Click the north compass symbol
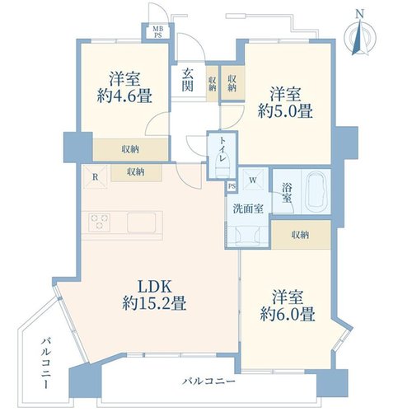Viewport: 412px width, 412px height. click(x=360, y=35)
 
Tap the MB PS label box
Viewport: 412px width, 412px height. click(x=157, y=32)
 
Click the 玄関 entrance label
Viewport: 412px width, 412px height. click(x=188, y=80)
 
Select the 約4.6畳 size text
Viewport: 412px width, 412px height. click(x=124, y=96)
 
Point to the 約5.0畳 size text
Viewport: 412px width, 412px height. click(x=285, y=111)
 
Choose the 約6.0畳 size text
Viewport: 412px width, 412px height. click(x=288, y=314)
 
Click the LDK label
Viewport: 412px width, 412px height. click(x=155, y=287)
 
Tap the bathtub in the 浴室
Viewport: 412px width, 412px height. click(x=316, y=192)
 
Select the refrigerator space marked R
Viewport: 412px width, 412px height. click(x=95, y=177)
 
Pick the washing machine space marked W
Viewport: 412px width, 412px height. click(x=253, y=180)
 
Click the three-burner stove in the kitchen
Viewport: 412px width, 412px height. click(x=99, y=222)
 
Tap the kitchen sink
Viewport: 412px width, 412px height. click(x=141, y=222)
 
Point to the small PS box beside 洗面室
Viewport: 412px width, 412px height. click(x=232, y=186)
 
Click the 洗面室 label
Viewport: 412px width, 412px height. click(x=248, y=208)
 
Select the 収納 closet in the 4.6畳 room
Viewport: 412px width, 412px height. click(x=130, y=149)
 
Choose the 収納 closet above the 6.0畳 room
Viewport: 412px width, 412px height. click(x=301, y=235)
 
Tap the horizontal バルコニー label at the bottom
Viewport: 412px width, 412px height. click(x=209, y=382)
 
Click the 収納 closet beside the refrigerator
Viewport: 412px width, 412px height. click(x=136, y=172)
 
